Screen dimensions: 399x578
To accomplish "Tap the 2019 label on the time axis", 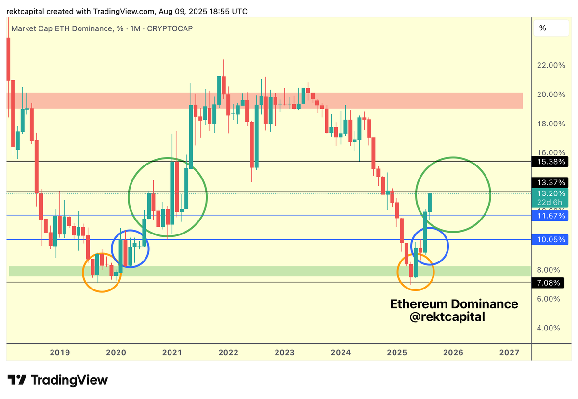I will click(x=60, y=352).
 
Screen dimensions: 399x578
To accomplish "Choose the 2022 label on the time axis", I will click(x=228, y=352).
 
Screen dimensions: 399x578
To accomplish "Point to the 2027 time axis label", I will click(x=510, y=352).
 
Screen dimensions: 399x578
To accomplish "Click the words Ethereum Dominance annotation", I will click(x=454, y=304).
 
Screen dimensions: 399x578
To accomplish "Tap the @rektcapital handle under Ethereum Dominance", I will click(x=447, y=317).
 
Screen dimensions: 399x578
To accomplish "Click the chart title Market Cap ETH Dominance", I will click(x=61, y=29).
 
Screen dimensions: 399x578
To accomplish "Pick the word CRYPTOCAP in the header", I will click(x=170, y=29).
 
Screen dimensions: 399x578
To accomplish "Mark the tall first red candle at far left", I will click(x=8, y=58).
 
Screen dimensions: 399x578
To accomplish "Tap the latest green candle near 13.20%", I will click(x=430, y=203).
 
